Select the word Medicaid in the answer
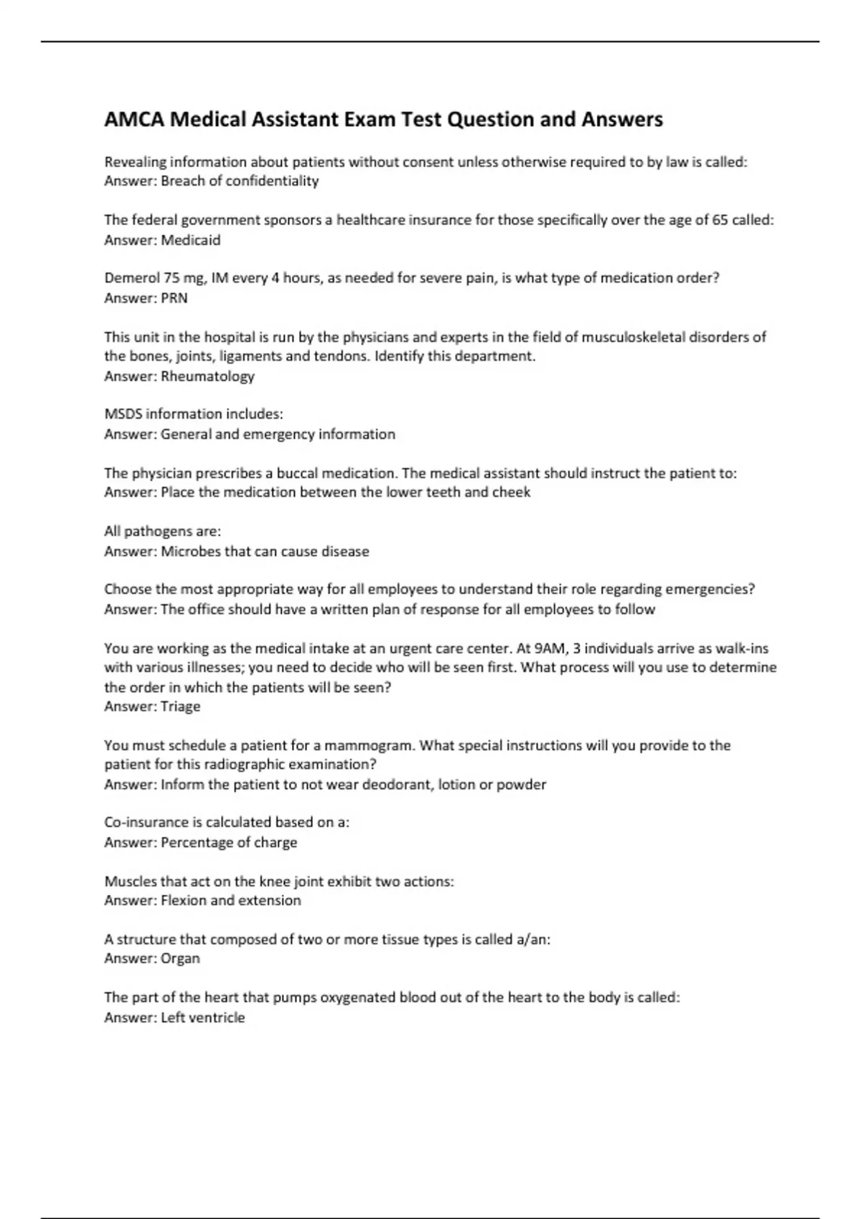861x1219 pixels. pyautogui.click(x=190, y=240)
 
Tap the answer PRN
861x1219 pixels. pyautogui.click(x=174, y=298)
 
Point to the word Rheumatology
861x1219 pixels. pyautogui.click(x=207, y=376)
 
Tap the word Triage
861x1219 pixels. pyautogui.click(x=180, y=706)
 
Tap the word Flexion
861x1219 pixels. pyautogui.click(x=183, y=901)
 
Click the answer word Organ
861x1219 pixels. pyautogui.click(x=180, y=959)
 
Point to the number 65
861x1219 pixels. pyautogui.click(x=720, y=220)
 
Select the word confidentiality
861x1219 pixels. pyautogui.click(x=272, y=181)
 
